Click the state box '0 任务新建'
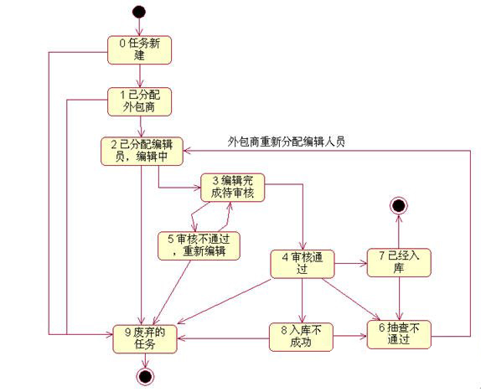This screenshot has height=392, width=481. click(x=139, y=50)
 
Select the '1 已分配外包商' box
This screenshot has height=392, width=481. click(x=139, y=102)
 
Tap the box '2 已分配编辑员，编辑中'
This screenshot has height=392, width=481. click(x=142, y=152)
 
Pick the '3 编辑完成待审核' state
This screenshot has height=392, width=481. click(x=232, y=188)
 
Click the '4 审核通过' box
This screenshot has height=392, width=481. click(x=303, y=264)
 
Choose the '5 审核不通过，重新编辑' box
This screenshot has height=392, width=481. click(x=199, y=246)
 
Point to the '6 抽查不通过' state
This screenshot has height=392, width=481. click(x=399, y=335)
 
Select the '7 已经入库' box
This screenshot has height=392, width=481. click(x=399, y=262)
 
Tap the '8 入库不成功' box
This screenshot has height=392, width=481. click(x=301, y=337)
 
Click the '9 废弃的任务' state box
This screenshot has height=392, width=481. click(x=145, y=339)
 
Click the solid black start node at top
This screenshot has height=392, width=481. click(x=139, y=12)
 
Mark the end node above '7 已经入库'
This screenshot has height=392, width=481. click(x=399, y=205)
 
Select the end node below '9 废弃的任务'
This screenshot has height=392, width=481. click(x=145, y=376)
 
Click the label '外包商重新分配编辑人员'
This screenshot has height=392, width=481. click(x=287, y=142)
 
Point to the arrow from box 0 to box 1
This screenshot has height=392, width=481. click(x=140, y=76)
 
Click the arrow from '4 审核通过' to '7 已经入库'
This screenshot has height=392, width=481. click(x=351, y=263)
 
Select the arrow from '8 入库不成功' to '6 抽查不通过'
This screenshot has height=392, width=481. click(x=350, y=336)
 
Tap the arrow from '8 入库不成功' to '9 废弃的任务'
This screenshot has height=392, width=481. click(x=223, y=338)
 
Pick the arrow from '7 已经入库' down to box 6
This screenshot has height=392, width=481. click(x=399, y=299)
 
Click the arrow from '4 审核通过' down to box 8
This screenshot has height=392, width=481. click(x=303, y=301)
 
